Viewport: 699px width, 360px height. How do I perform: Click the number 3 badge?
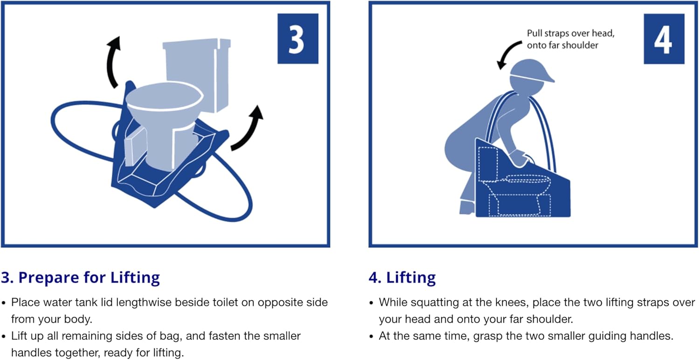(297, 39)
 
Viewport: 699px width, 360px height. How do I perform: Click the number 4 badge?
(664, 39)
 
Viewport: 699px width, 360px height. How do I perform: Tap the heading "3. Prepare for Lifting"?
(80, 278)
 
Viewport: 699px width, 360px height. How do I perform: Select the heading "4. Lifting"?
(402, 278)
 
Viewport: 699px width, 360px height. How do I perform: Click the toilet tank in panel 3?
(196, 75)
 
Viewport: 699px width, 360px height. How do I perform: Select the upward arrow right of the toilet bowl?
(248, 128)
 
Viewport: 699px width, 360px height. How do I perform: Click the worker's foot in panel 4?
(466, 207)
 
